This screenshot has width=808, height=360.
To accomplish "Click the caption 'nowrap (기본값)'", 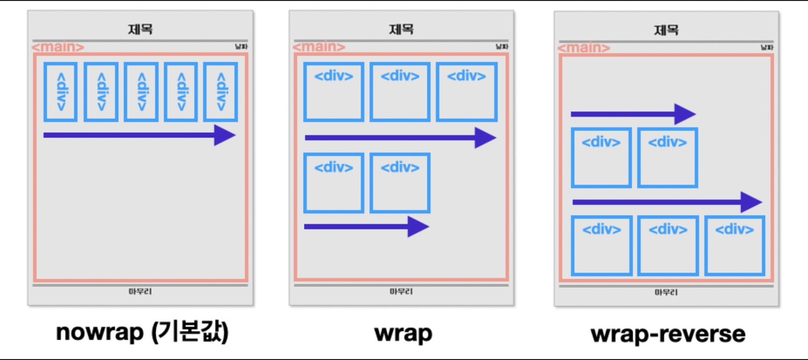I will tap(142, 332).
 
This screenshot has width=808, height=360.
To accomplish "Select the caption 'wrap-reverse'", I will tap(668, 334).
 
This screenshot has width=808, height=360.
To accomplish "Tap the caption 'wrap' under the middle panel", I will tap(403, 333).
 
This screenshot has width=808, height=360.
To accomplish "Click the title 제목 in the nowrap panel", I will tap(140, 29).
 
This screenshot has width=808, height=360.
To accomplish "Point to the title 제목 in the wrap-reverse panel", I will tap(666, 30).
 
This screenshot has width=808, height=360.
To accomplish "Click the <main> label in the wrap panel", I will tap(319, 47).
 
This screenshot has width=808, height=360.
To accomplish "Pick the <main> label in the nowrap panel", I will tap(58, 47).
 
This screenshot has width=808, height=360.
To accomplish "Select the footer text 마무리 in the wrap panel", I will tap(401, 291).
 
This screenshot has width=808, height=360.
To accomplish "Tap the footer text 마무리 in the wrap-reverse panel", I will tap(666, 292).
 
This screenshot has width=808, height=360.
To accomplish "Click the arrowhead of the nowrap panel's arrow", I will tap(224, 135).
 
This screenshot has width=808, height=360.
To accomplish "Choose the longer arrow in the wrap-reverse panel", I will tap(667, 202).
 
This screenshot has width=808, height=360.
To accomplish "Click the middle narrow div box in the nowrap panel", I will tap(141, 92).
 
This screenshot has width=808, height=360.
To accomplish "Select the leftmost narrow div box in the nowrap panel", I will tap(61, 92).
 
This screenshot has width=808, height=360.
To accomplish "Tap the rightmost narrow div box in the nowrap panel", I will tap(221, 92).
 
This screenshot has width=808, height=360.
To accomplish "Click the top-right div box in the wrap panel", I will tap(467, 92).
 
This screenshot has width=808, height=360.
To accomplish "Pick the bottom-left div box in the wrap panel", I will tap(334, 183).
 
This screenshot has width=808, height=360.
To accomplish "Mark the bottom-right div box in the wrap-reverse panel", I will tap(735, 245).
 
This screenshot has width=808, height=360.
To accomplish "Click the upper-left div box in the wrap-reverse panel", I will tap(601, 158).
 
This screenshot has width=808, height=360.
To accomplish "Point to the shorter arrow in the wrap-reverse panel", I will tap(633, 114).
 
